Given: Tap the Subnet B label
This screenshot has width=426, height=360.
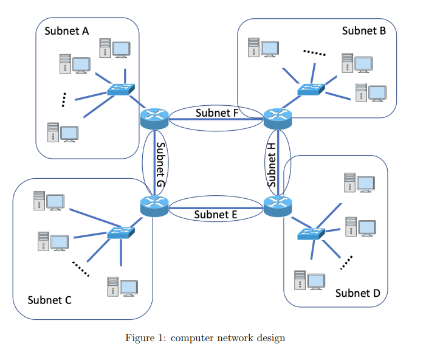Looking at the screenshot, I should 363,30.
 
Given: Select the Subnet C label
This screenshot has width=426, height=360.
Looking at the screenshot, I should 50,300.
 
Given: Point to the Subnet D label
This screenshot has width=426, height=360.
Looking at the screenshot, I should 357,293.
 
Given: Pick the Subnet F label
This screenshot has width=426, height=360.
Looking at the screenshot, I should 217,112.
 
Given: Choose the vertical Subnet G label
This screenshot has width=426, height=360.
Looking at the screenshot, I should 160,165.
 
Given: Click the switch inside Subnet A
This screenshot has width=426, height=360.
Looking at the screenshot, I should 121,89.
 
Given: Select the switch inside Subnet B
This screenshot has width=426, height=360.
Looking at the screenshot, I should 312,89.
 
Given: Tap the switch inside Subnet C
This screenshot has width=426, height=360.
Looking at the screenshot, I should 121,232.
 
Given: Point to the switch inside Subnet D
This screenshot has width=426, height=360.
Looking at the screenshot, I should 311,234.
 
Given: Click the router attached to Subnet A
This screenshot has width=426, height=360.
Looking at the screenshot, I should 154,118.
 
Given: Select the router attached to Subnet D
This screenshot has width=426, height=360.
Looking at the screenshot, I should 278,207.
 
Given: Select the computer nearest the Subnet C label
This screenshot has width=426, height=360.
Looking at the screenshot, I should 122,286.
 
